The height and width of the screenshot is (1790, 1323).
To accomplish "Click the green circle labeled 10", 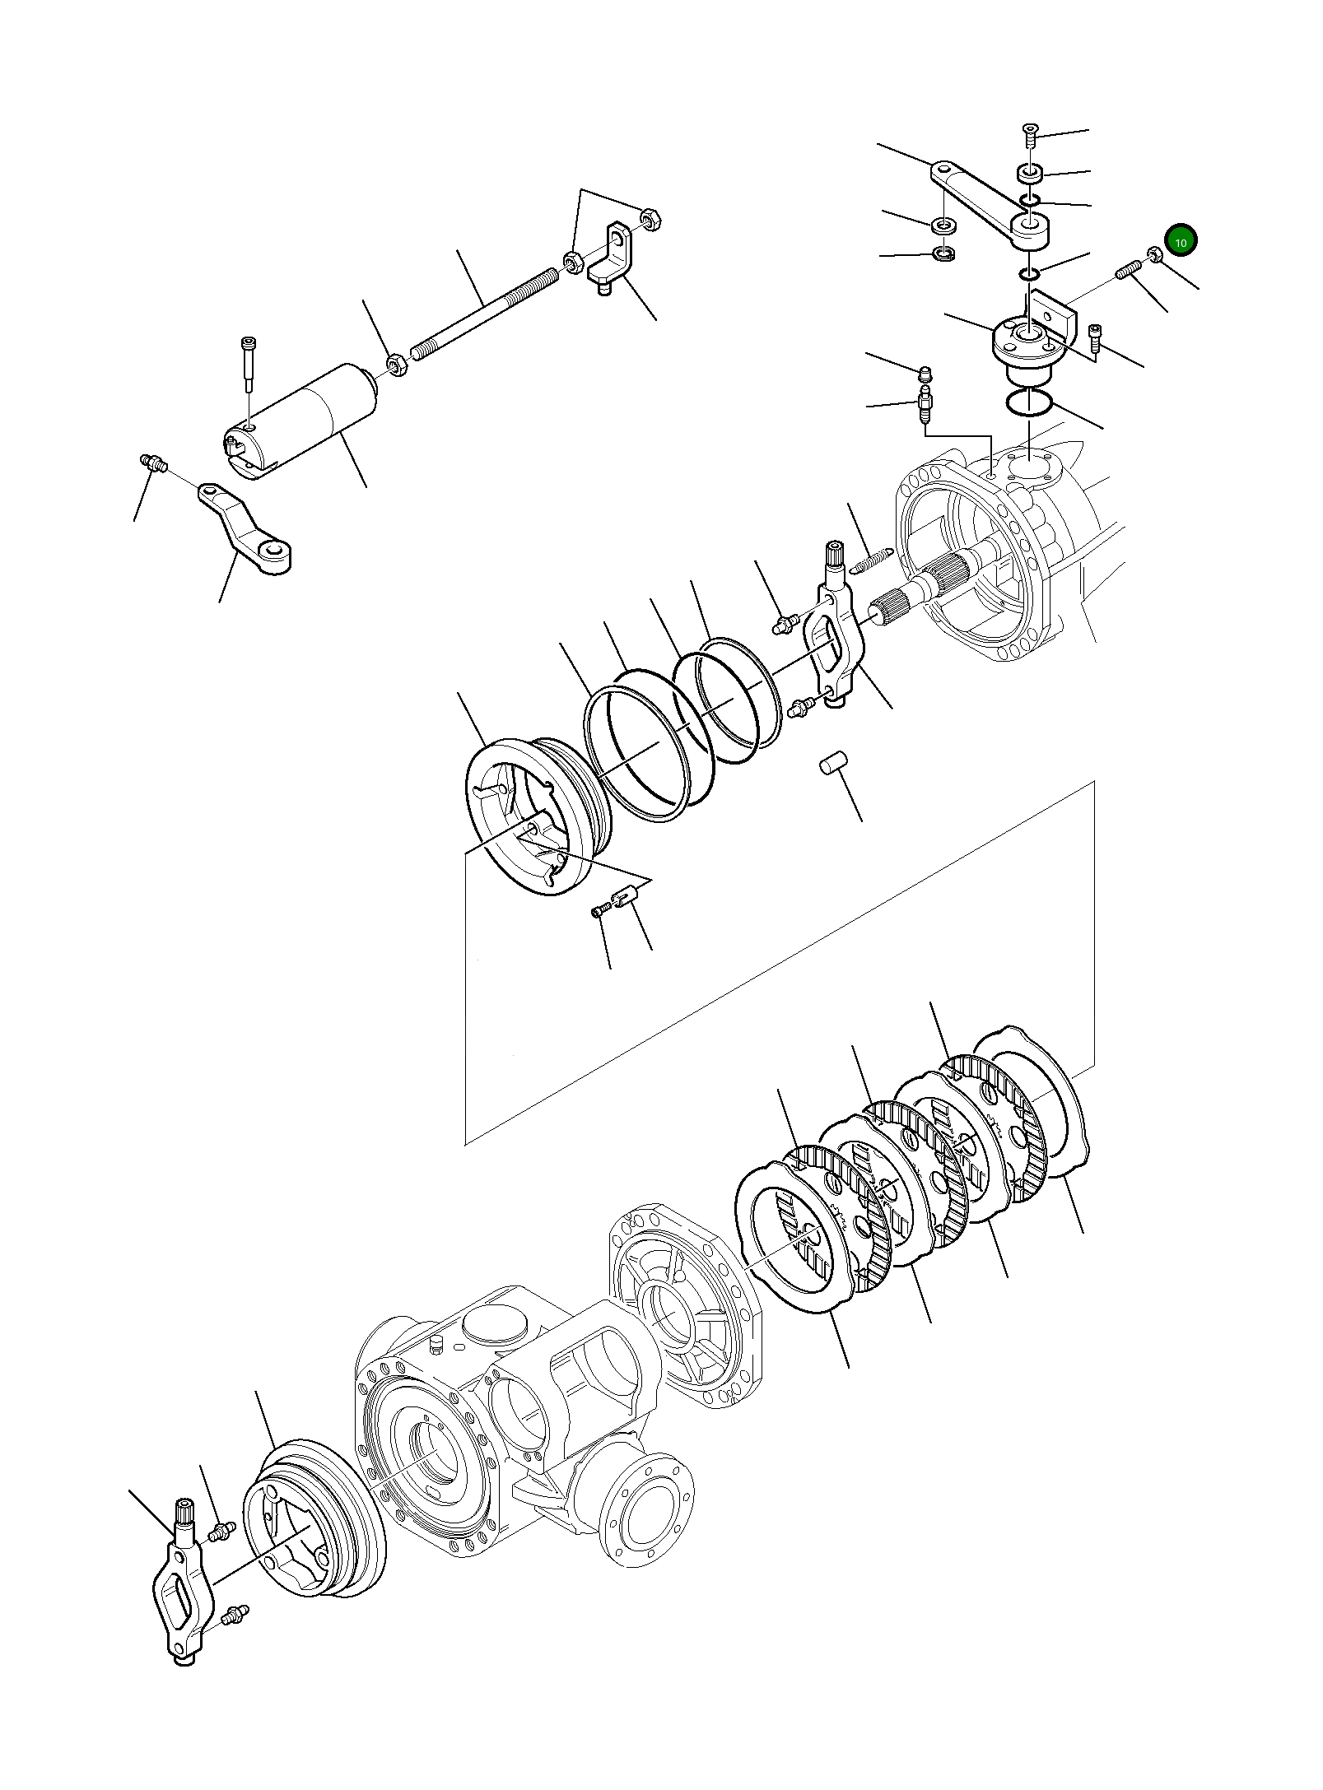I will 1181,240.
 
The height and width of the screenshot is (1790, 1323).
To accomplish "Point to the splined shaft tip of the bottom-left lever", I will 185,1513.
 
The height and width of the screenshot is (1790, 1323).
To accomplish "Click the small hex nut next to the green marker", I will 1154,256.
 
